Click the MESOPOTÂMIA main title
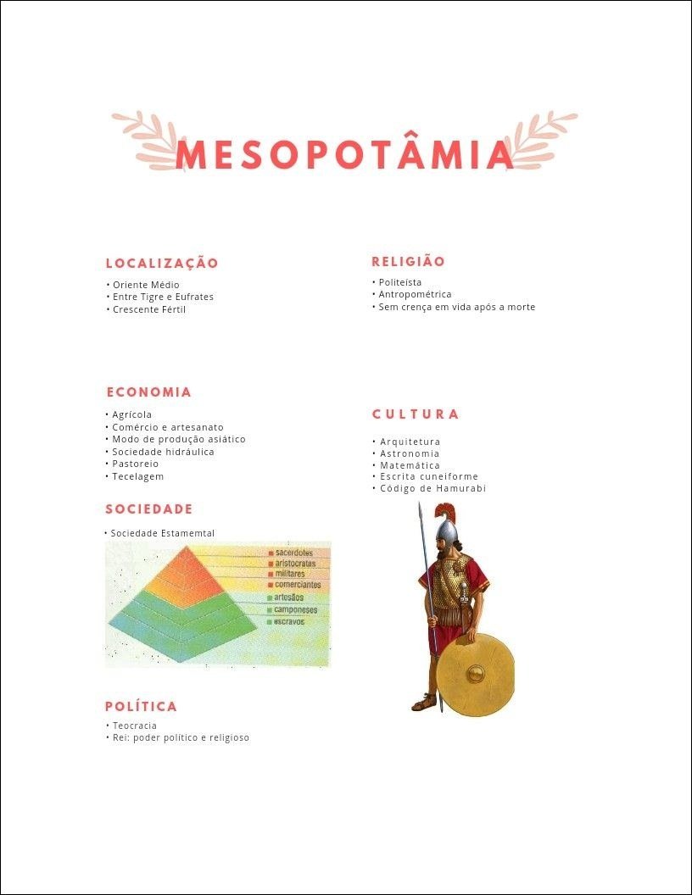[345, 154]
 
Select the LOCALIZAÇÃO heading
[162, 264]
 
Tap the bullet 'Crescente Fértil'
[148, 309]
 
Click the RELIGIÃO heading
[408, 262]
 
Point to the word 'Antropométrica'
[415, 294]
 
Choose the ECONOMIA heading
[149, 392]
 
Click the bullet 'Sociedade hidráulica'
[163, 452]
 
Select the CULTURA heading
[416, 414]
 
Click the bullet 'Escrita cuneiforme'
[428, 476]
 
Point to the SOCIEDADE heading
[149, 509]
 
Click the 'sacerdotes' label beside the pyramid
[294, 553]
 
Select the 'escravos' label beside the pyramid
[289, 621]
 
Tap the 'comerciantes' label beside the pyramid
[297, 585]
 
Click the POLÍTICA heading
[142, 707]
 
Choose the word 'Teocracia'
[135, 725]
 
